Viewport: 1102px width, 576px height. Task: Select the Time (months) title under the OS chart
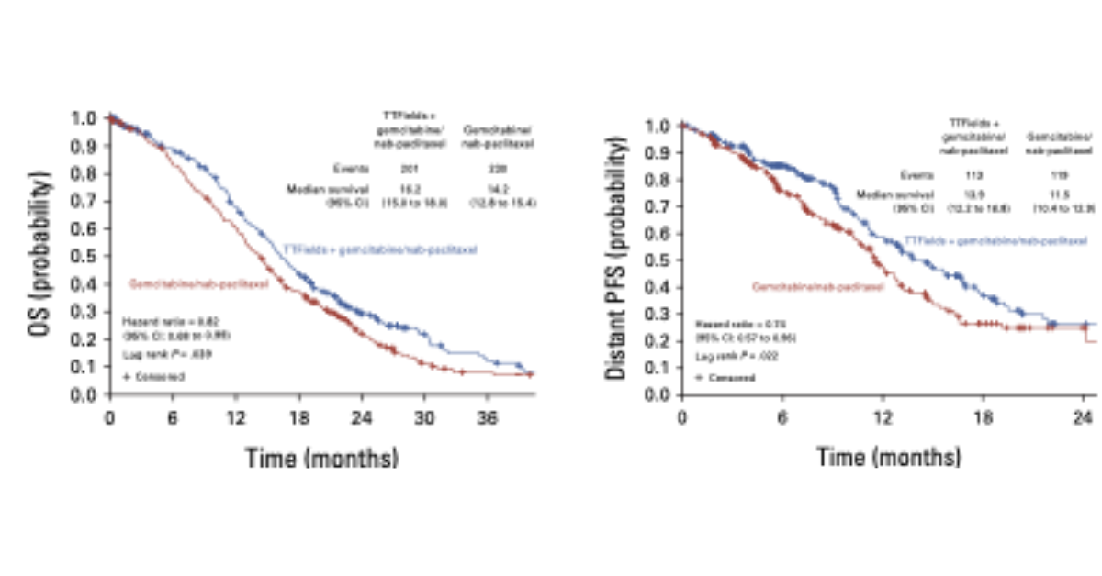[321, 457]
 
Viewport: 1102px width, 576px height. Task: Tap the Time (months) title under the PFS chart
[889, 456]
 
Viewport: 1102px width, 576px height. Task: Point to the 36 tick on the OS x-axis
[487, 415]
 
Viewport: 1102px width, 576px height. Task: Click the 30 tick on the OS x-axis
[424, 415]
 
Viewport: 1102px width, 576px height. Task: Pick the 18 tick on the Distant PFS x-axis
[983, 415]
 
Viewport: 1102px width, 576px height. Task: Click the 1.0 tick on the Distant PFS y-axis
[659, 126]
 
